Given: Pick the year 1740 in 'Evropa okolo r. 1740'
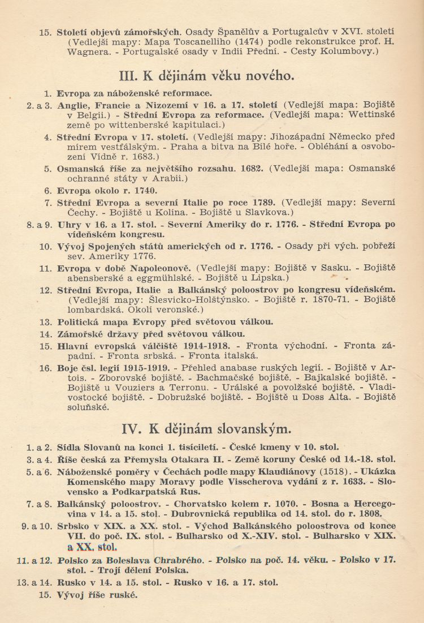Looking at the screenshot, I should [x=145, y=191].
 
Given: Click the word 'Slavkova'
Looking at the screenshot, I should [x=271, y=212].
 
